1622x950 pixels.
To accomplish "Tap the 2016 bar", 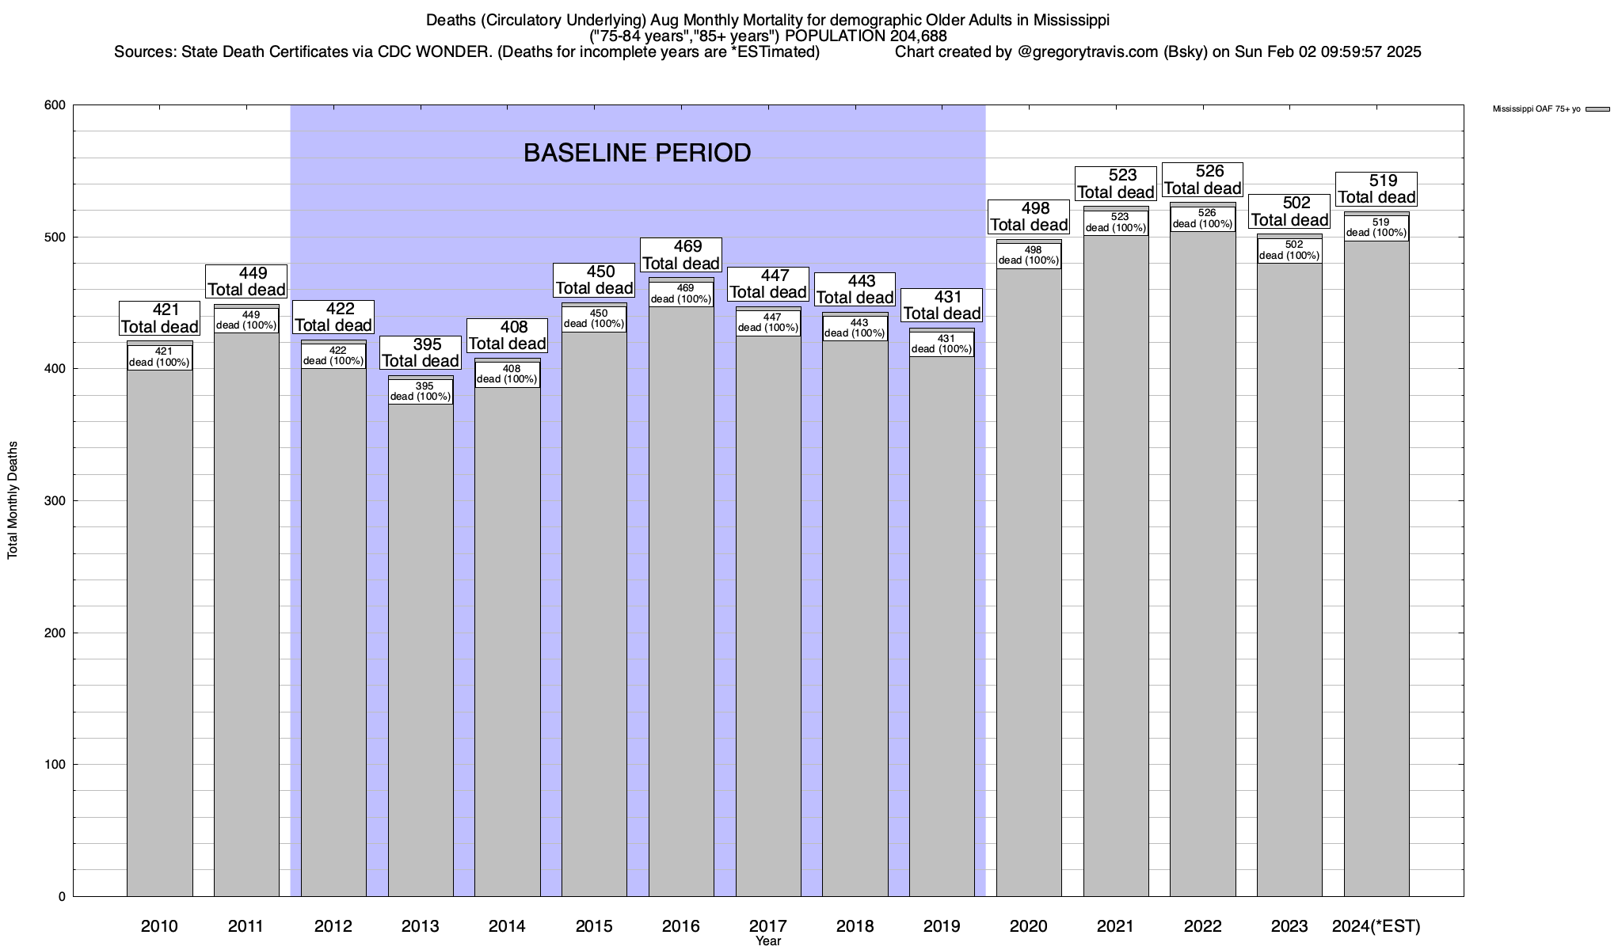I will [681, 602].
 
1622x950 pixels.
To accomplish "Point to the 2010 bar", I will [160, 633].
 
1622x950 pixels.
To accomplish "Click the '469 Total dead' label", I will [681, 255].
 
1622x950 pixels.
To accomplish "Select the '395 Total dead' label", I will [421, 353].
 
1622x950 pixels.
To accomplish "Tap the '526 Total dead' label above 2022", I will [1202, 180].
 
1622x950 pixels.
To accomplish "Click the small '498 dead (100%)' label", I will [1029, 255].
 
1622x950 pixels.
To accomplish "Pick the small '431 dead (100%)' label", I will [942, 344].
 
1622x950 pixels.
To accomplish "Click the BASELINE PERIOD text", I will [637, 153].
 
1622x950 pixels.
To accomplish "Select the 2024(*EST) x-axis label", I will [1376, 926].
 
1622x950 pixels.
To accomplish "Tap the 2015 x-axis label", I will [594, 926].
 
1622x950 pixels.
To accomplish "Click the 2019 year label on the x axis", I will [942, 926].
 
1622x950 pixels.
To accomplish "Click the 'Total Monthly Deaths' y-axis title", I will [13, 500].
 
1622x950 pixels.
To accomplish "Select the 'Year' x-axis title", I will [768, 941].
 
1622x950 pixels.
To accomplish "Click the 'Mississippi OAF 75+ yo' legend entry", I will [1536, 109].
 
